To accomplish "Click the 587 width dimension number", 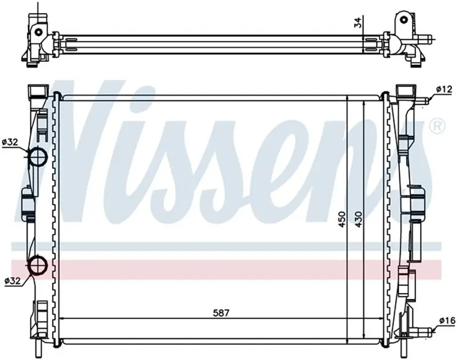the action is point(221,313).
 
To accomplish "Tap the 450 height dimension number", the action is point(342,219).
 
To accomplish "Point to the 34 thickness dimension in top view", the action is point(358,22).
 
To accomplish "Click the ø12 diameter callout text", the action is point(444,89).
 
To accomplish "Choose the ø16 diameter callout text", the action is point(447,321).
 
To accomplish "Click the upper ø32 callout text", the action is point(10,142).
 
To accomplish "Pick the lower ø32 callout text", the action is point(13,281).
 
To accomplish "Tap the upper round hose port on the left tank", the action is point(38,157).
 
